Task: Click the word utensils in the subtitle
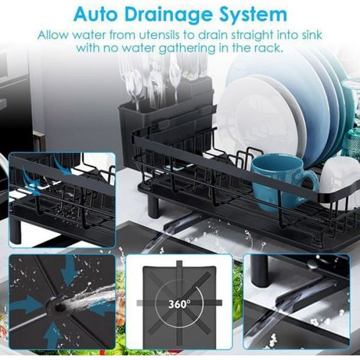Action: (159, 35)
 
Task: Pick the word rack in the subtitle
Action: (270, 47)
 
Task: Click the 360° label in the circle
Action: (179, 304)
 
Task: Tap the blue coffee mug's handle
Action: (312, 178)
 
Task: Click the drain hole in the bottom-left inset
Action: (60, 308)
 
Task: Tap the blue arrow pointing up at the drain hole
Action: (53, 335)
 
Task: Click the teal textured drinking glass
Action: (352, 144)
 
